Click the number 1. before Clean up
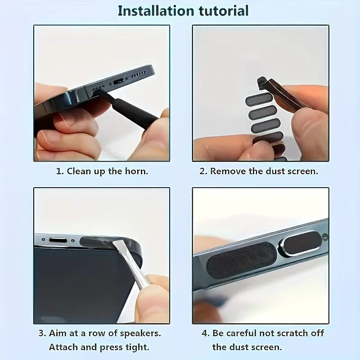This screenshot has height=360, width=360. tap(59, 171)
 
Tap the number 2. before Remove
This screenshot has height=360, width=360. tap(203, 171)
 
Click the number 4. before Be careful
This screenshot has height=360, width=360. tap(206, 334)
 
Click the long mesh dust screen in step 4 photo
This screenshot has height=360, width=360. tap(241, 260)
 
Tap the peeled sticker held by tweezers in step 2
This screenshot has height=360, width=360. tap(262, 82)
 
